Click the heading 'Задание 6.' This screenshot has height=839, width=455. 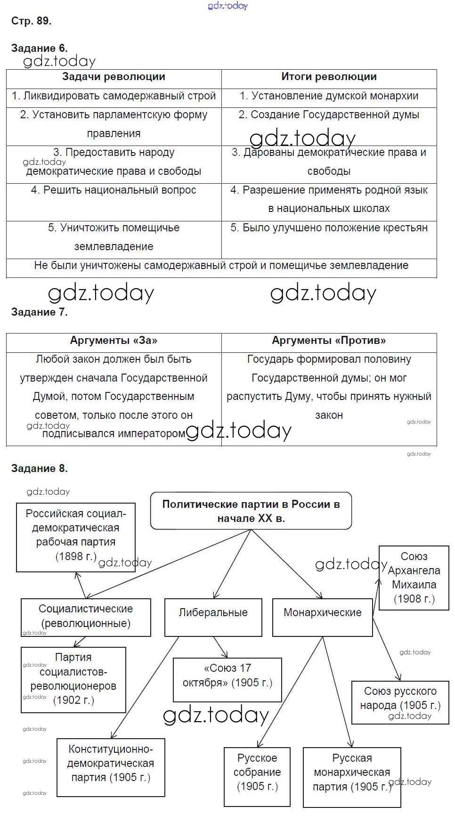click(x=40, y=48)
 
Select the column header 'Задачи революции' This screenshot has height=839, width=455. click(x=114, y=77)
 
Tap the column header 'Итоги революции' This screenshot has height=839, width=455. click(x=329, y=77)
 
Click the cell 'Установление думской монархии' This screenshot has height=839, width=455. click(x=329, y=96)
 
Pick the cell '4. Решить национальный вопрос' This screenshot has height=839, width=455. click(x=114, y=190)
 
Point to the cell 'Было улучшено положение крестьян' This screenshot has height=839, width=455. click(x=329, y=228)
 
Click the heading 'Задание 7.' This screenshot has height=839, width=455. click(x=40, y=312)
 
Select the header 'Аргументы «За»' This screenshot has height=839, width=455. click(x=114, y=341)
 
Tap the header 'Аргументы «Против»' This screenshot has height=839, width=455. click(x=329, y=341)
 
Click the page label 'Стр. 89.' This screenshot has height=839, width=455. click(x=32, y=21)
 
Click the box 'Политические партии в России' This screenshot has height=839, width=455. click(x=251, y=511)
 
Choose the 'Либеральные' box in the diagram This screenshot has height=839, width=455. click(x=213, y=613)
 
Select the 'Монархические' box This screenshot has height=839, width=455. click(x=323, y=613)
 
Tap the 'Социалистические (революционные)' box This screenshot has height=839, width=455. click(x=86, y=616)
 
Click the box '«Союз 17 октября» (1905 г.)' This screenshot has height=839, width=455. click(x=227, y=676)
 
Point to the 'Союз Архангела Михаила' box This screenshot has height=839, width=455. click(x=414, y=578)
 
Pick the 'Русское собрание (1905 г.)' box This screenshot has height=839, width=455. click(x=257, y=773)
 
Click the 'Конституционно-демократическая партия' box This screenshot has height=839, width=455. click(x=111, y=764)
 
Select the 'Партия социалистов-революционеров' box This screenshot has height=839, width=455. click(x=73, y=679)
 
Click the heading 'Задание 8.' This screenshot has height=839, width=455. click(x=40, y=468)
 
